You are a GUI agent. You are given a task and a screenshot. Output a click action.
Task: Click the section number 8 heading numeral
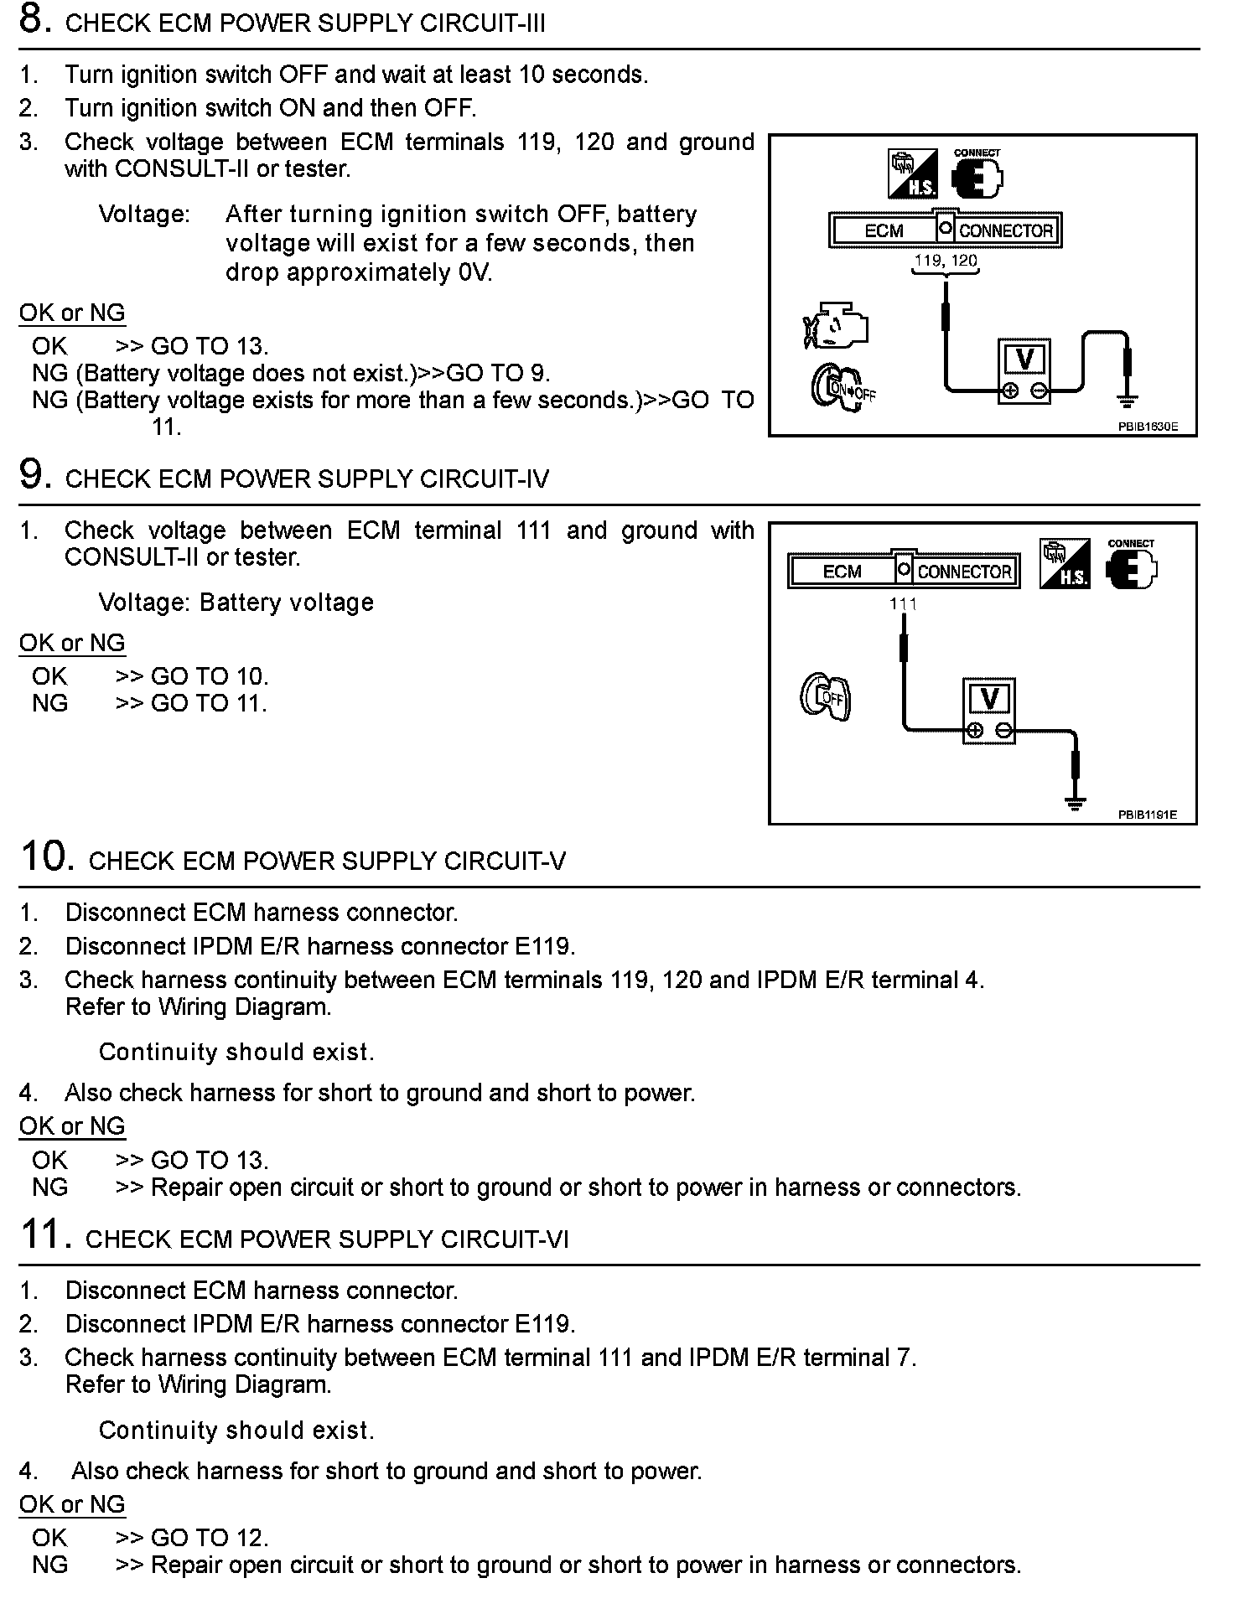click(31, 20)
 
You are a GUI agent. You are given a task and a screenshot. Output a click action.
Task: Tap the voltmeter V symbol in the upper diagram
click(1024, 359)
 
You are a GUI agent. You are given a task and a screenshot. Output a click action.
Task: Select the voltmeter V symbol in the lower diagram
click(989, 699)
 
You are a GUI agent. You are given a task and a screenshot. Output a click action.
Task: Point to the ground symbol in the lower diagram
click(1075, 804)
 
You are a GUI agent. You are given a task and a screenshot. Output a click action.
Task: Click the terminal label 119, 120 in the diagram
click(946, 261)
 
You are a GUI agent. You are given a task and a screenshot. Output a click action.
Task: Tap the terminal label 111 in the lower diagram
click(903, 603)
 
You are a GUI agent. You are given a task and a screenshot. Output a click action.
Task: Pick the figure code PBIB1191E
click(1147, 815)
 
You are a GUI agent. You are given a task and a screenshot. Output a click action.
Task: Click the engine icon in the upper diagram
click(835, 328)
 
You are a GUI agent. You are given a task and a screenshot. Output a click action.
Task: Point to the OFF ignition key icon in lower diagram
click(825, 696)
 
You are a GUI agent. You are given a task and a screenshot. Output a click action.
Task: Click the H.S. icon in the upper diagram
click(913, 173)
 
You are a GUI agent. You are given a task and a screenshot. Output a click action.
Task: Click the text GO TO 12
click(209, 1538)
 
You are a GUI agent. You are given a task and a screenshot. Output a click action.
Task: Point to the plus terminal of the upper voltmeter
click(1011, 390)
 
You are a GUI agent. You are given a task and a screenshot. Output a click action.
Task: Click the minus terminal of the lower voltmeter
click(1004, 731)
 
